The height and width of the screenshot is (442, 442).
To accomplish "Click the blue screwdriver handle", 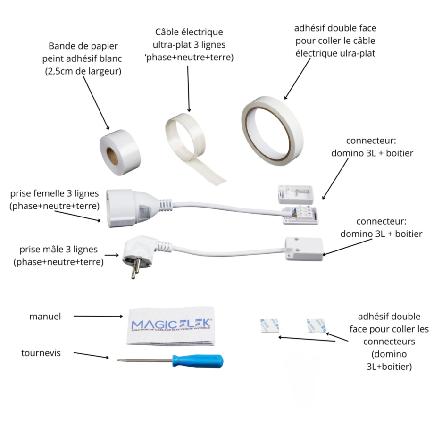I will pyautogui.click(x=198, y=361).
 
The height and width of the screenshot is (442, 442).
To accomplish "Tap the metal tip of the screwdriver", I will pyautogui.click(x=120, y=360).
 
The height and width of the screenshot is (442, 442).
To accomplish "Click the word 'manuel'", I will pyautogui.click(x=45, y=317).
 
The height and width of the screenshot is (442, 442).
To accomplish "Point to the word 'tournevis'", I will pyautogui.click(x=41, y=353).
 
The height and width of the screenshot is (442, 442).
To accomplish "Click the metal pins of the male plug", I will pyautogui.click(x=136, y=269).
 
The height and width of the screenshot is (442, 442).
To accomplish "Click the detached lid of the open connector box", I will pyautogui.click(x=295, y=193).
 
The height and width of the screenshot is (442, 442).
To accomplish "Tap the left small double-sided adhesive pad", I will pyautogui.click(x=269, y=325).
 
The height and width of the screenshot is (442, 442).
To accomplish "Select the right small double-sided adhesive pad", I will pyautogui.click(x=316, y=325).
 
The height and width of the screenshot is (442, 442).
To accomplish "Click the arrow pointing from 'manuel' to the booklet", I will pyautogui.click(x=98, y=317).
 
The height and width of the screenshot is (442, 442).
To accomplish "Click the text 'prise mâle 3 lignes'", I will pyautogui.click(x=59, y=249).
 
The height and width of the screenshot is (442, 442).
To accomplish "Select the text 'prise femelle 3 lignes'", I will pyautogui.click(x=54, y=193).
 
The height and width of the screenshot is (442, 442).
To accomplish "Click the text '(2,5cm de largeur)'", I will pyautogui.click(x=83, y=72).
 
